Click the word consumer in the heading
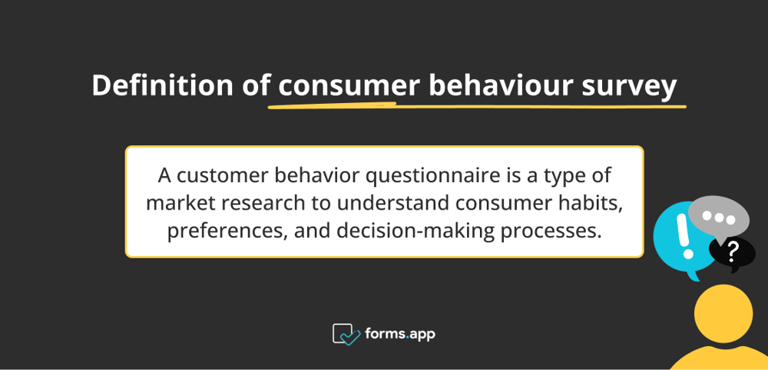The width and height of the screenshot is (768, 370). (349, 85)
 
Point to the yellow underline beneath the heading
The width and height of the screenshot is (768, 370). (476, 105)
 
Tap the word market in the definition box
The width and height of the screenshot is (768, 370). (174, 203)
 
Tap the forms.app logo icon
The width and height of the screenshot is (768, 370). (346, 334)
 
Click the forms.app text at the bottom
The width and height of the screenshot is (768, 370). (401, 334)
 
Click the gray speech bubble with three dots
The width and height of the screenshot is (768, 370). (719, 215)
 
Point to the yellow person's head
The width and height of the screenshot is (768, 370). (723, 314)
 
